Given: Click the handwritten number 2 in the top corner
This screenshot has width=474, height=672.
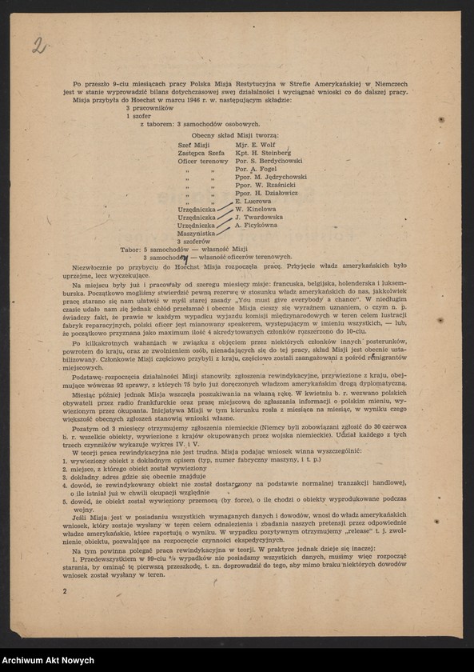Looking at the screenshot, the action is [38, 45].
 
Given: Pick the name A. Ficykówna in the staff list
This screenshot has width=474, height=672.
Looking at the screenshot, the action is [257, 225].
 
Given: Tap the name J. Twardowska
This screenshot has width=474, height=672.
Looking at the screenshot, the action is [258, 217].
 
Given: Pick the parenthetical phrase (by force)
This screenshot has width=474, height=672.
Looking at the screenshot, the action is [243, 501].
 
